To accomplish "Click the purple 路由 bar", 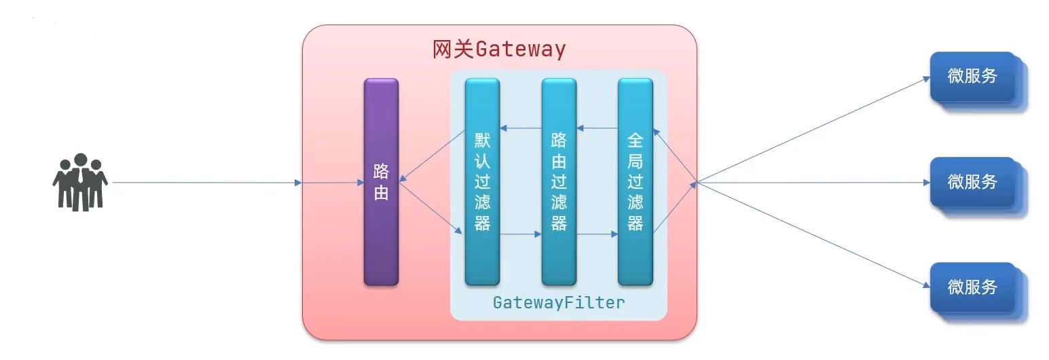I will click(381, 182).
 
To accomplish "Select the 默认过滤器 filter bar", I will click(482, 182).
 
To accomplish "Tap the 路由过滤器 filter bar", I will click(559, 182).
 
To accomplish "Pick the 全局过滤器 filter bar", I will click(636, 182).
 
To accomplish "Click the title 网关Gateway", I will click(499, 50).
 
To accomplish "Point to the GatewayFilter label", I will click(559, 302).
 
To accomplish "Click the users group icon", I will click(80, 182).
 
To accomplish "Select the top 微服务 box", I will click(972, 76).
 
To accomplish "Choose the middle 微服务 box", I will click(972, 181).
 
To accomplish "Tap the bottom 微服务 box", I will click(972, 287).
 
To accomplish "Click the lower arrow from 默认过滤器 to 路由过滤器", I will click(521, 235).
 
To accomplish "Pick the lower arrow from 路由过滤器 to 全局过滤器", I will click(597, 235).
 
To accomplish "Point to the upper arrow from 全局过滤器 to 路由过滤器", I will click(597, 128).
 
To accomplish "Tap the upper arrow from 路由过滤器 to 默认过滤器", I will click(521, 128).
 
